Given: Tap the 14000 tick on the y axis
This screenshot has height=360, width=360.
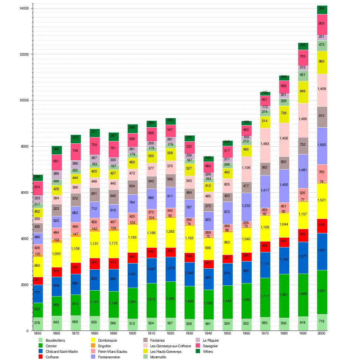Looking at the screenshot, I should click(x=25, y=9).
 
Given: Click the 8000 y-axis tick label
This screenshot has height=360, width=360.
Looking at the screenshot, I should click(x=25, y=147).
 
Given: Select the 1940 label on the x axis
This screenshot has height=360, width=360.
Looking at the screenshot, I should click(x=208, y=333).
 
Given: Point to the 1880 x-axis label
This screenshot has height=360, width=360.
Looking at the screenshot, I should click(x=94, y=333).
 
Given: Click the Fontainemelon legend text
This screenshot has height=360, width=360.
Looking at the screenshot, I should click(x=109, y=357).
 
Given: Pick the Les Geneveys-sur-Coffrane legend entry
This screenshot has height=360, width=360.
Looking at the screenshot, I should click(x=171, y=346).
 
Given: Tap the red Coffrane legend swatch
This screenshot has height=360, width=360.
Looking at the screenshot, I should click(x=41, y=357).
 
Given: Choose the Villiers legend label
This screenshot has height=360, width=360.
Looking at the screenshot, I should click(x=208, y=351).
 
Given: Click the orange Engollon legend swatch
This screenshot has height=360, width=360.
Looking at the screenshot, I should click(x=93, y=346).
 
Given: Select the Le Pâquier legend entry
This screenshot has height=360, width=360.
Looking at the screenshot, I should click(x=211, y=340).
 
